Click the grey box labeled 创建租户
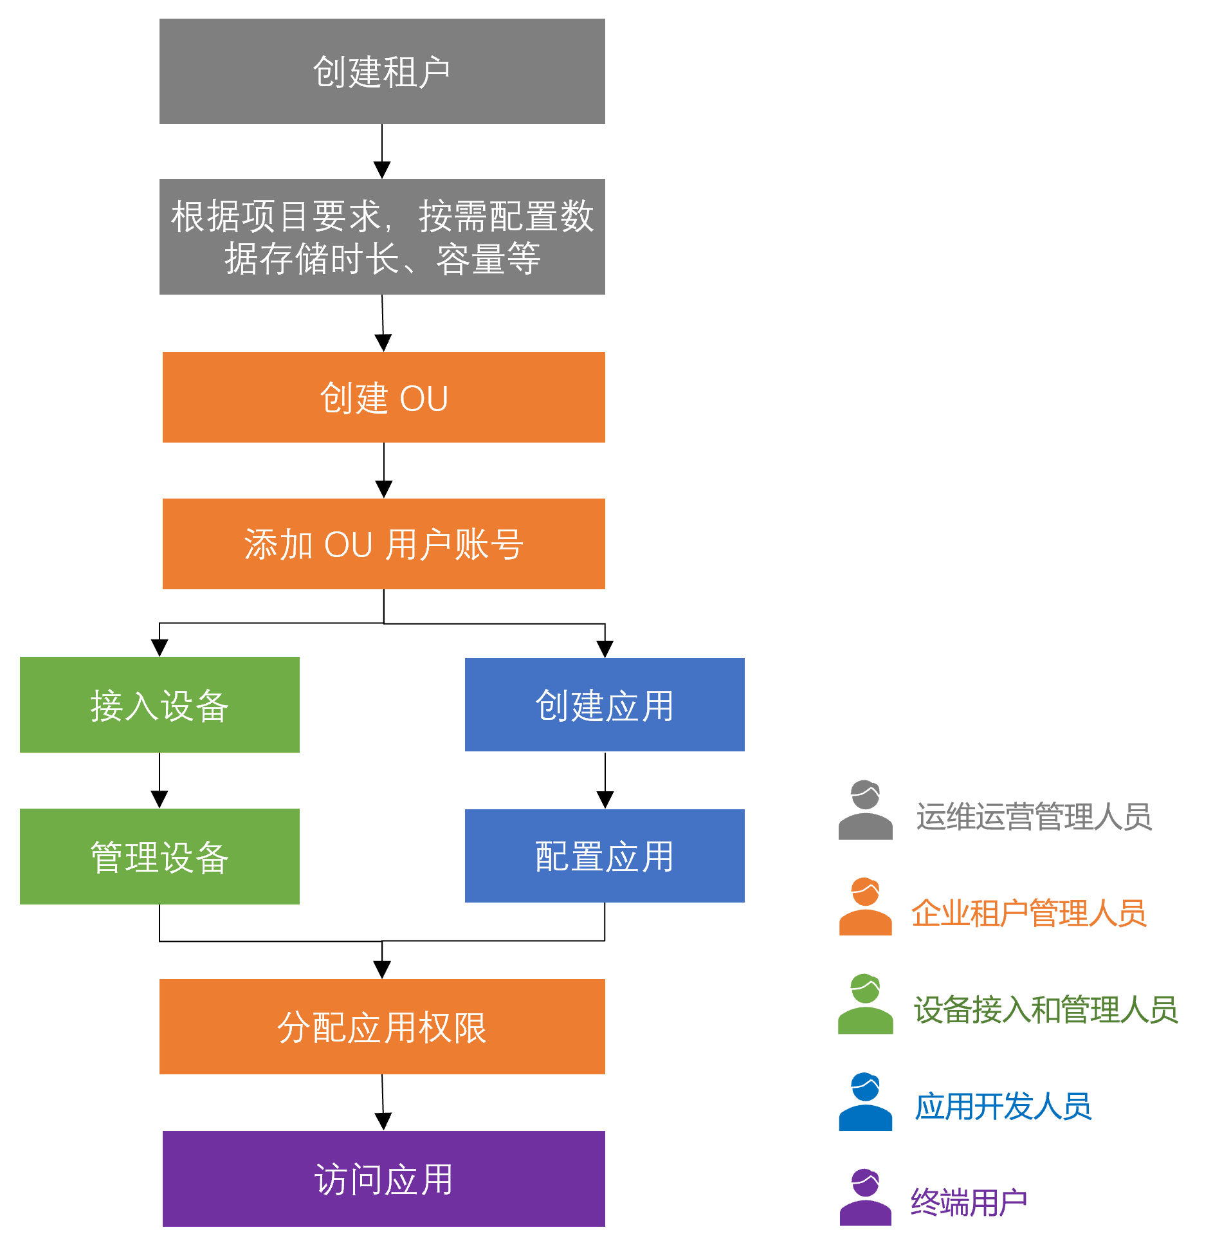tap(382, 71)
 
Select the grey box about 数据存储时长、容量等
tap(382, 237)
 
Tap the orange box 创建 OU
tap(384, 397)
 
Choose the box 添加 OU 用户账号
tap(384, 544)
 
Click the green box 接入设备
tap(160, 704)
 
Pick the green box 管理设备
tap(160, 856)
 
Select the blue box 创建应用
tap(605, 704)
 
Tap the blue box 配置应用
tap(605, 856)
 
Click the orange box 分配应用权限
tap(382, 1027)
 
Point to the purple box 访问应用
tap(384, 1179)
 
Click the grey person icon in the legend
tap(865, 811)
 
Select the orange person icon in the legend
tap(865, 906)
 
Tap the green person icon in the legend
tap(865, 1004)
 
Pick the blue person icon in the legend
tap(865, 1101)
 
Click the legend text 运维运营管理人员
tap(1034, 816)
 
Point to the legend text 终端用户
tap(969, 1202)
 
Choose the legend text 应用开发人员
tap(1003, 1106)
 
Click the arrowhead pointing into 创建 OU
tap(383, 343)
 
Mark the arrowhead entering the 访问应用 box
tap(383, 1122)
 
